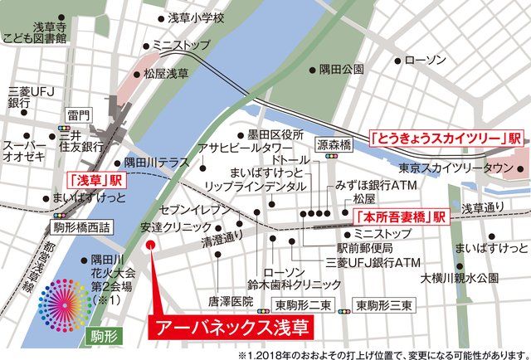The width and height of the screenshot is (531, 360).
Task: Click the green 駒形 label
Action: point(99,335)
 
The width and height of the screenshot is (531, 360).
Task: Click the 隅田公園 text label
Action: point(342,71)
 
